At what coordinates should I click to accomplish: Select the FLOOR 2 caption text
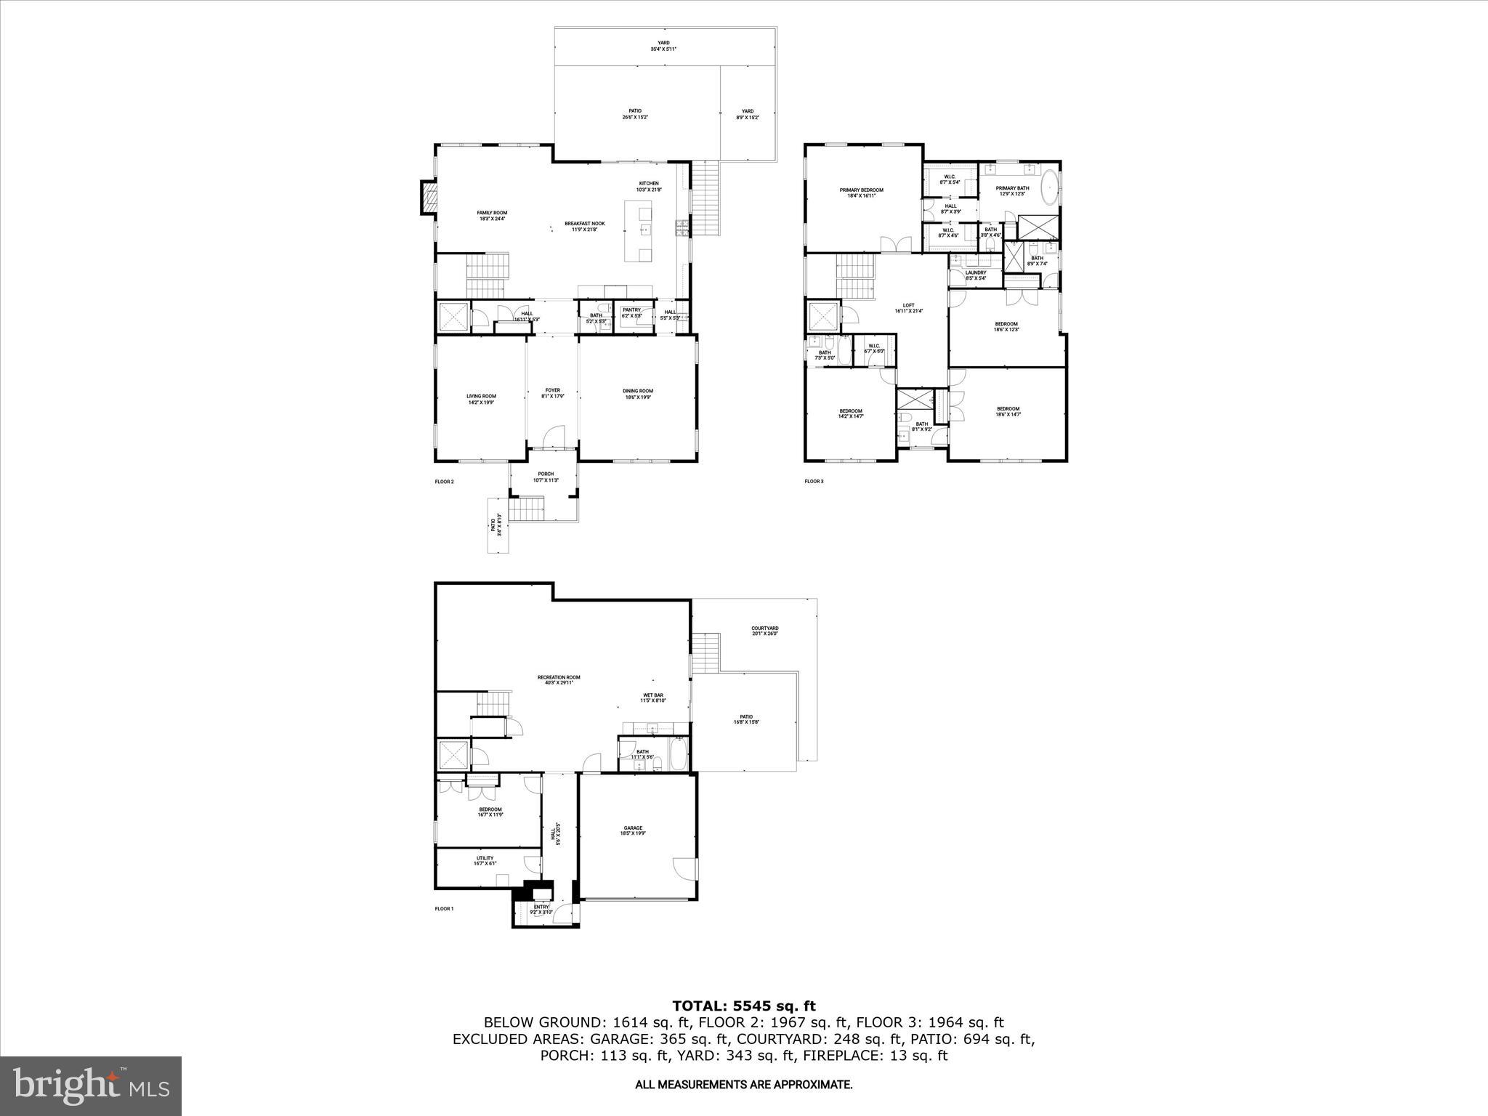coord(444,481)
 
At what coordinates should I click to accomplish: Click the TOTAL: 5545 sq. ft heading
coord(743,1006)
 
